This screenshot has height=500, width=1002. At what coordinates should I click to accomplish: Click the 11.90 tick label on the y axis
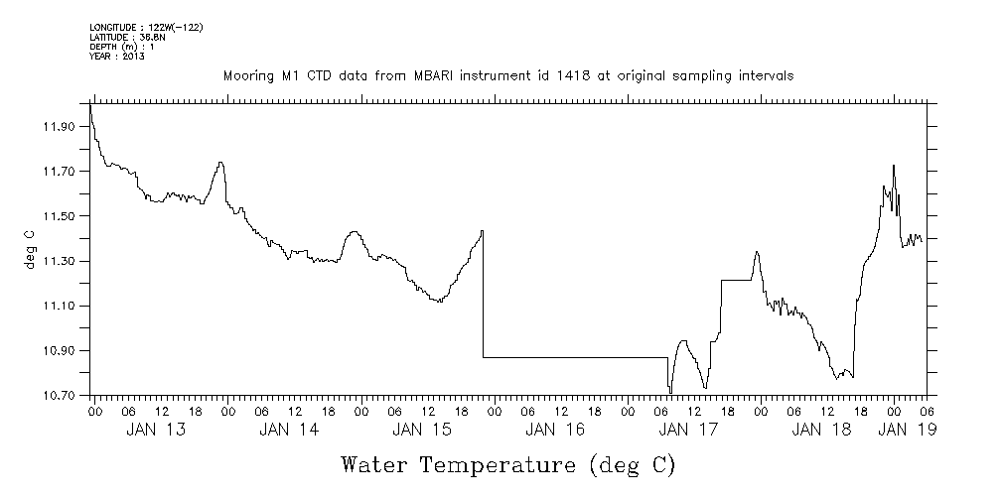[x=60, y=126]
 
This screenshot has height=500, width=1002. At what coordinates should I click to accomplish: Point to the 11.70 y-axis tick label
[x=60, y=172]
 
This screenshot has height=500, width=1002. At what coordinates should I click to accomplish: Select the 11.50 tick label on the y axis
[x=60, y=216]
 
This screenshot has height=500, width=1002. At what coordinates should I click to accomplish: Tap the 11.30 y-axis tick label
[x=60, y=261]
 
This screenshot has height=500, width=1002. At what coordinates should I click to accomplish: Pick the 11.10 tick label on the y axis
[x=60, y=306]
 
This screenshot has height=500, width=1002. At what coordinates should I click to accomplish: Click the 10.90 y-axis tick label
[x=60, y=351]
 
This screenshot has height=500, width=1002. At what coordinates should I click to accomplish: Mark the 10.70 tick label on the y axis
[x=60, y=396]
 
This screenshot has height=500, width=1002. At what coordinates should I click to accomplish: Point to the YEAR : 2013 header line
[x=117, y=56]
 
